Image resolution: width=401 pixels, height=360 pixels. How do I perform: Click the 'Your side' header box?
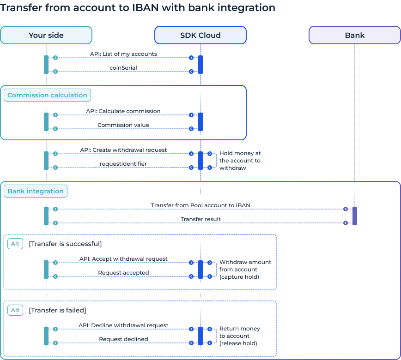click(x=46, y=35)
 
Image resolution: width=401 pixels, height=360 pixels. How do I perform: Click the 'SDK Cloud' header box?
click(x=200, y=35)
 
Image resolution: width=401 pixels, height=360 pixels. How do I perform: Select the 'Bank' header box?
click(x=354, y=35)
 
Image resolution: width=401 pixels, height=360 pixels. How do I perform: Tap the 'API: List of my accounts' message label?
click(x=123, y=54)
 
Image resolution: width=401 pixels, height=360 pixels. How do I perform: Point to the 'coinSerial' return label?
click(x=123, y=68)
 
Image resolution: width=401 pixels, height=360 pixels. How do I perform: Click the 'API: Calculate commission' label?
click(x=123, y=111)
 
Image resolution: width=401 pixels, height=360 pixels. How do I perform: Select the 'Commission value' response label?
click(x=123, y=125)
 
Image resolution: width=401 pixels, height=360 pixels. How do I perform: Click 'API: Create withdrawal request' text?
click(x=123, y=150)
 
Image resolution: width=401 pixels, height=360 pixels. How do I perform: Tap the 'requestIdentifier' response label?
click(x=123, y=164)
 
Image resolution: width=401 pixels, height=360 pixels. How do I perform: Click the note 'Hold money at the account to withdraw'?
click(x=240, y=161)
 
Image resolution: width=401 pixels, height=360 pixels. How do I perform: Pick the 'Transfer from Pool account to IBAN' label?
click(x=200, y=205)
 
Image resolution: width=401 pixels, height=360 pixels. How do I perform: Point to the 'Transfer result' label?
click(x=200, y=219)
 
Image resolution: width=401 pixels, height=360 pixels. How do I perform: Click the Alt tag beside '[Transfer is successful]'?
click(x=15, y=244)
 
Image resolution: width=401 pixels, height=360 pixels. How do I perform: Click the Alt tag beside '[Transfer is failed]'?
click(x=15, y=310)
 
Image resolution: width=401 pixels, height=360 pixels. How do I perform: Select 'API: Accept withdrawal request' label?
click(x=123, y=259)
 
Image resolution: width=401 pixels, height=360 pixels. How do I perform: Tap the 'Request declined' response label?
click(x=123, y=339)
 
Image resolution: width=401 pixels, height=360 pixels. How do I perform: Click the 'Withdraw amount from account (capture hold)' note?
click(x=245, y=270)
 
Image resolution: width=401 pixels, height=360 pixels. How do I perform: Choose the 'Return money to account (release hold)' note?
click(x=239, y=336)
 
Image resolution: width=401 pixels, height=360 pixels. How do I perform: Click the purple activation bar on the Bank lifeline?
click(x=355, y=216)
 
